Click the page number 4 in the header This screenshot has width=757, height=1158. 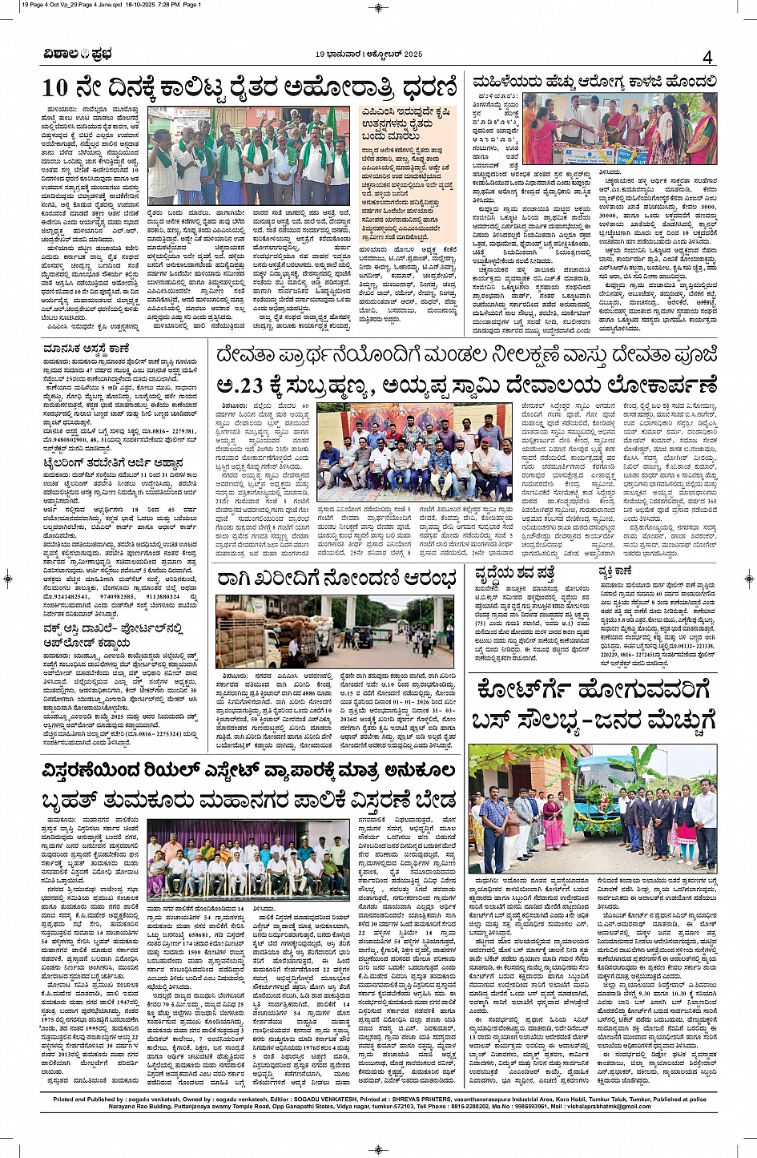[x=707, y=57]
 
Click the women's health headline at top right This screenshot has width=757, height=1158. [x=594, y=82]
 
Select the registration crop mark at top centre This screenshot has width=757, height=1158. [x=378, y=7]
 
